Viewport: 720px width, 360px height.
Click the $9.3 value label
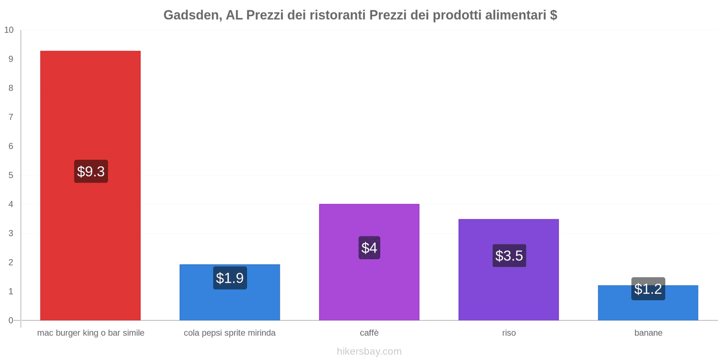coord(91,171)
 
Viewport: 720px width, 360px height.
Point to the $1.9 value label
coord(230,278)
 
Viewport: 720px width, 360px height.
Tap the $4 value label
coord(369,248)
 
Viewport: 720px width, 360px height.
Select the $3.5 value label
coord(509,256)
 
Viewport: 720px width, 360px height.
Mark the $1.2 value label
coord(648,289)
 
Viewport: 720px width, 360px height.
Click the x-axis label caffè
coord(369,333)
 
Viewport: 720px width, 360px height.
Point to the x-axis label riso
coord(509,333)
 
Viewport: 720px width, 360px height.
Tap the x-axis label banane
coord(648,333)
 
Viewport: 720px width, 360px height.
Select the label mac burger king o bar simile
coord(90,333)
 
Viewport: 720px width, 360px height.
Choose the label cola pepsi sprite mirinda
coord(229,333)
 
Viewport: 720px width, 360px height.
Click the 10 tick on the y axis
coord(9,30)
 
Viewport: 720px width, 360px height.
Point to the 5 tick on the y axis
coord(11,175)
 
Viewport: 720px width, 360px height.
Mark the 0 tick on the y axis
coord(11,320)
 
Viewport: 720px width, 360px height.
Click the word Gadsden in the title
coord(192,15)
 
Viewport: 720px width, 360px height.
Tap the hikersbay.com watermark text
coord(369,351)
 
